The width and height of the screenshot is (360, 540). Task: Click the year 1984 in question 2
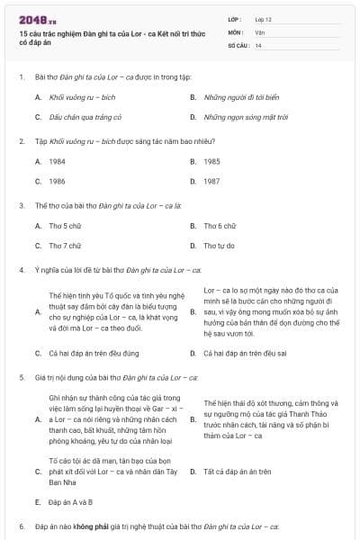(x=58, y=161)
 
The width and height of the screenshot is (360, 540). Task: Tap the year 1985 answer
(x=212, y=161)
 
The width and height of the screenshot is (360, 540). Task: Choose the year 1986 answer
(x=58, y=181)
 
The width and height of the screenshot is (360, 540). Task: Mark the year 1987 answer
(x=212, y=181)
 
